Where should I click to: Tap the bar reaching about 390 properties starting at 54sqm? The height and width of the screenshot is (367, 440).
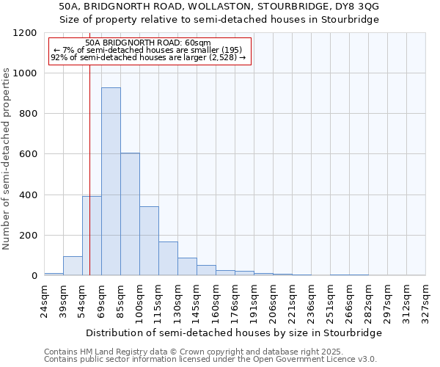click(x=92, y=236)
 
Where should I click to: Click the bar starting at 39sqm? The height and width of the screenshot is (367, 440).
click(x=73, y=266)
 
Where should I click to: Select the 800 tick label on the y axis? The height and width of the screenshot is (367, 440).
click(x=28, y=114)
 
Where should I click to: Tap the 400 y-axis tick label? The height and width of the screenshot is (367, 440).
click(x=28, y=195)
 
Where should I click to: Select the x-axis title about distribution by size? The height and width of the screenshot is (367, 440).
click(x=234, y=333)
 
